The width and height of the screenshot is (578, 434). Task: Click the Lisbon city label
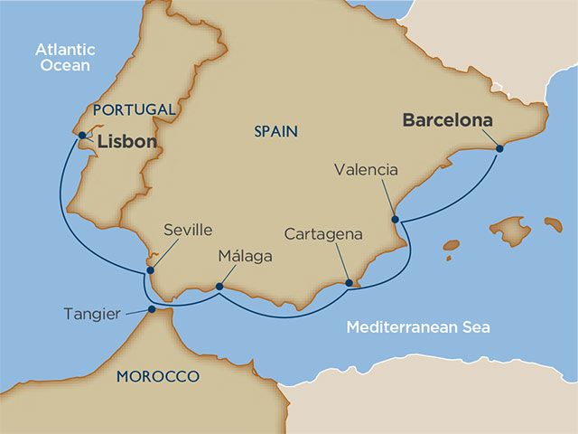coord(126,142)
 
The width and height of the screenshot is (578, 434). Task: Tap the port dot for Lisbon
coord(82,136)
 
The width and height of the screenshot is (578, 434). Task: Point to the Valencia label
coord(365,169)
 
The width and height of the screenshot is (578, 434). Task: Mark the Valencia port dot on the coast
coord(394,219)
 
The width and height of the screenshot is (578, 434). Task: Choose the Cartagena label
coord(322,234)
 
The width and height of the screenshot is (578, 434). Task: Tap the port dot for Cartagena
coord(350,284)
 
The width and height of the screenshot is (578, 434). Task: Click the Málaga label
coord(245,257)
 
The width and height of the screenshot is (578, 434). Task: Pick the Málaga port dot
coord(219,288)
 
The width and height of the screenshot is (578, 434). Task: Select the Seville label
coord(188,231)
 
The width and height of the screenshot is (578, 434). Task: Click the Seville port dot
coord(151,269)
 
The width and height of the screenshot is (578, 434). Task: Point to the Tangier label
coord(92,314)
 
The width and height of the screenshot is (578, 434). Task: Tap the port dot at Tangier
coord(151,309)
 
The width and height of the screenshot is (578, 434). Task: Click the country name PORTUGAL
coord(133,109)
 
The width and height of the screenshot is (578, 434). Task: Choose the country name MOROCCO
coord(157,376)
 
